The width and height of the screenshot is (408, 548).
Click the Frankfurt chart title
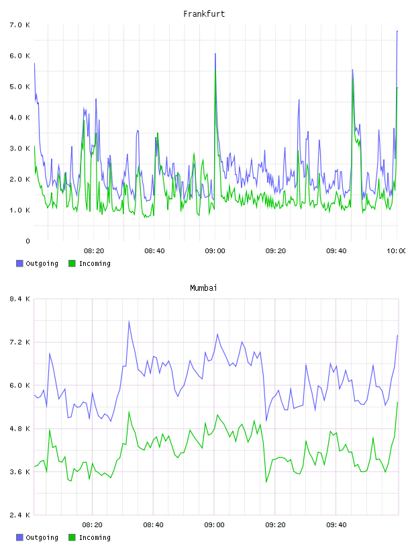[x=204, y=14]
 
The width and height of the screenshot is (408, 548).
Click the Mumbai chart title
[x=203, y=288]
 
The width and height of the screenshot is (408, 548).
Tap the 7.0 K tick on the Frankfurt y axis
[x=20, y=25]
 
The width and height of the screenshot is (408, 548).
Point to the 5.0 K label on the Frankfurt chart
[x=20, y=87]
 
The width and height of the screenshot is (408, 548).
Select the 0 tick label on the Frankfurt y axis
[x=28, y=241]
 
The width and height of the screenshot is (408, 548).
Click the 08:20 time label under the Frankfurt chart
[x=94, y=251]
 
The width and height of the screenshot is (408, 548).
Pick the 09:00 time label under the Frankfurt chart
[x=215, y=251]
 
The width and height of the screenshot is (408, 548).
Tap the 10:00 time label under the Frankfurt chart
[x=396, y=251]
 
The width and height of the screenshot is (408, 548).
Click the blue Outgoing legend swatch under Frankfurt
[x=19, y=263]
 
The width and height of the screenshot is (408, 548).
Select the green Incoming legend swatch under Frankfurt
[x=72, y=263]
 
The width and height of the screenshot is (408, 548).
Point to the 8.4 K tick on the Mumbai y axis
[x=20, y=299]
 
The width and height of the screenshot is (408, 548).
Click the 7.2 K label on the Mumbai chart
[x=20, y=342]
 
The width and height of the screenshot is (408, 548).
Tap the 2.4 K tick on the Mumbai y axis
[x=20, y=515]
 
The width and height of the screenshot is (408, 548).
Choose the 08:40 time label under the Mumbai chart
[x=154, y=525]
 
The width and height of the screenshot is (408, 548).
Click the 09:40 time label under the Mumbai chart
[x=336, y=525]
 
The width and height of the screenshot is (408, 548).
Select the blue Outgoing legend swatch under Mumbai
[x=19, y=537]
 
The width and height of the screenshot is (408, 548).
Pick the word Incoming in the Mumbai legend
[x=95, y=538]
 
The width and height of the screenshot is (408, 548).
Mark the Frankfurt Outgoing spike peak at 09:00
[x=215, y=54]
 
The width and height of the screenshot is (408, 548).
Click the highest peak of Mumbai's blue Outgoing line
[x=129, y=321]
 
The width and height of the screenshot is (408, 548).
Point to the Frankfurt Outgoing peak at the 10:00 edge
[x=397, y=31]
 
